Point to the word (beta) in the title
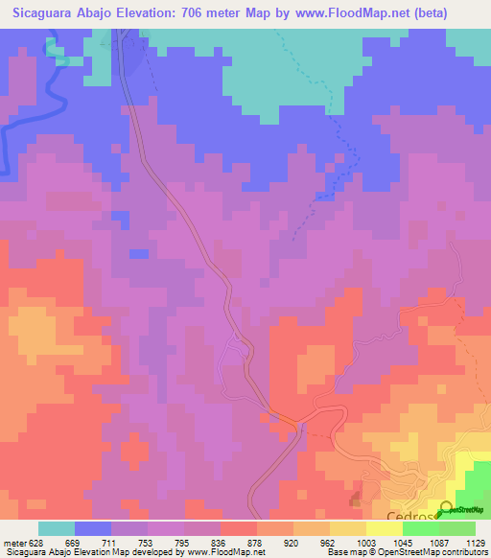pos(440,12)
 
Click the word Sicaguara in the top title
pos(42,12)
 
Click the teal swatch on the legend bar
pos(57,528)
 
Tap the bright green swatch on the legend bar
pos(421,528)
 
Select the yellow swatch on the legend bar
pos(348,528)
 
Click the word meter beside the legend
pos(13,542)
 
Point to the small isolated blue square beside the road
pos(139,253)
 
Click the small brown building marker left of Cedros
pos(356,500)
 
